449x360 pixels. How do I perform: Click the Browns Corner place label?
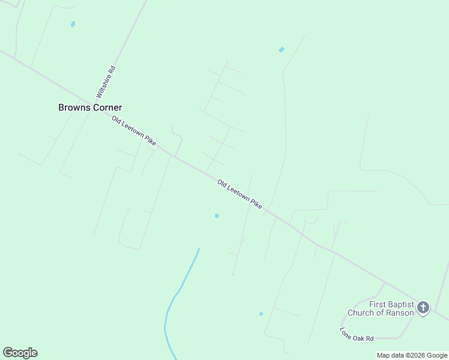point(90,107)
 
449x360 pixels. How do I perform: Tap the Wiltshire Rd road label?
point(106,82)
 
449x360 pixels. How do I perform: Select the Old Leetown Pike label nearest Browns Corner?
point(134,131)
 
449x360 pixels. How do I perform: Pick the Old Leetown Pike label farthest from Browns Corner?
point(240,194)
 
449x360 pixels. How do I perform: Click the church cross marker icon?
point(423,308)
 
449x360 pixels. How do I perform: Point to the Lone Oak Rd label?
point(357,334)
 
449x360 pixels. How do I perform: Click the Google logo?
point(20,353)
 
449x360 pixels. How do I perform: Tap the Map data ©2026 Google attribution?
point(412,355)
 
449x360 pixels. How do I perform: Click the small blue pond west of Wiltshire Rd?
point(73,25)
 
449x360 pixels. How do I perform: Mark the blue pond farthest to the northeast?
point(282,50)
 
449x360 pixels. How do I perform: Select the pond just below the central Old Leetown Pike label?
point(217,215)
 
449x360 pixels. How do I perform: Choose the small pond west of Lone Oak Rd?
point(261,314)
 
